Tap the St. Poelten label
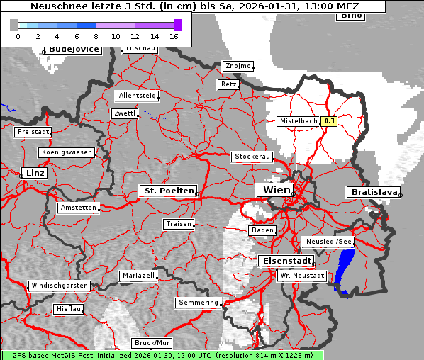[x=167, y=191]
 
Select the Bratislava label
[x=372, y=192]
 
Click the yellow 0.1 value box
[x=329, y=121]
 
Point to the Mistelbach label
[x=298, y=121]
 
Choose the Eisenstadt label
[x=284, y=261]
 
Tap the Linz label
[x=33, y=173]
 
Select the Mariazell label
[x=138, y=275]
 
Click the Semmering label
[x=199, y=303]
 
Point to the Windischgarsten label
[x=59, y=286]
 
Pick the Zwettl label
[x=124, y=113]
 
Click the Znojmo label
[x=238, y=66]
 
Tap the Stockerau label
[x=252, y=157]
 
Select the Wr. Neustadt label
[x=301, y=275]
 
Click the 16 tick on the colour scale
[x=174, y=35]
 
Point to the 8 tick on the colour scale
[x=96, y=35]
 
